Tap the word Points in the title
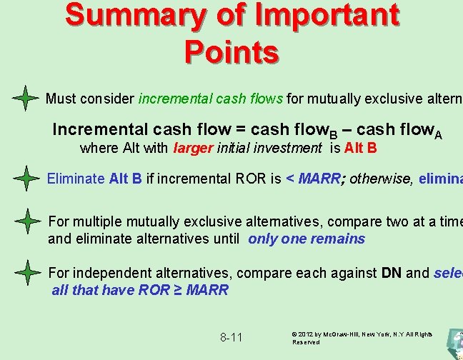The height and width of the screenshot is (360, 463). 231,51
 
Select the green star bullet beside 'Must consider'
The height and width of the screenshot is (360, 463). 26,98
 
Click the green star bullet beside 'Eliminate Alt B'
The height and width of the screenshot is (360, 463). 26,179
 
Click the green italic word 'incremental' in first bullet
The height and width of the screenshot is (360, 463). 171,99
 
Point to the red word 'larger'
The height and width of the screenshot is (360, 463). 194,149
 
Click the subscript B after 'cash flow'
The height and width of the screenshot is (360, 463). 334,134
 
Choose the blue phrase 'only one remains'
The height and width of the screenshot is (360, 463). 307,239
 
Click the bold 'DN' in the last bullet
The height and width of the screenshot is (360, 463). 392,273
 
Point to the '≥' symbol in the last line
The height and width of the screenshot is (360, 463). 176,289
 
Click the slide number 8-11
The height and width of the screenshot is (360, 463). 231,337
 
